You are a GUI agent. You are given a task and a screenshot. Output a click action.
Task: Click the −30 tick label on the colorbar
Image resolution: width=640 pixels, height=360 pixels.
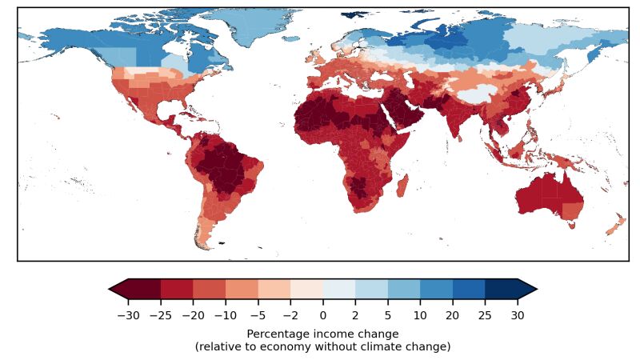128,315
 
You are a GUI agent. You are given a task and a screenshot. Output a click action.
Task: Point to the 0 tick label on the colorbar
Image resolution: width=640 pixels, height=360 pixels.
323,315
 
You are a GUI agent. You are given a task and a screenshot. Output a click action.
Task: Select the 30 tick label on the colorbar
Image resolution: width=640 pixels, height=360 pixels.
518,315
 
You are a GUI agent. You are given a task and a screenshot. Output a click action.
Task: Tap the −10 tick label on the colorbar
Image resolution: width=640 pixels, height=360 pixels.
226,315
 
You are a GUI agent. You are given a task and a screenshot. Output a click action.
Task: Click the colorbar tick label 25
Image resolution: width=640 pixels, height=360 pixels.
485,315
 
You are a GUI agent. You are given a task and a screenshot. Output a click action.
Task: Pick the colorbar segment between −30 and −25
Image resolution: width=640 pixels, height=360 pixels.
145,288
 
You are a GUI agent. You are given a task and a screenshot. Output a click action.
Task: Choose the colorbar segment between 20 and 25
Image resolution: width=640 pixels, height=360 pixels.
469,288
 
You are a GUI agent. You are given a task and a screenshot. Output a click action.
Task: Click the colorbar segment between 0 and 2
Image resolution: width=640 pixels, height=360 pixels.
339,288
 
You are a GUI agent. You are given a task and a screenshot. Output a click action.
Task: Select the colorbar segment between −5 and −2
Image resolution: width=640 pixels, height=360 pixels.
274,288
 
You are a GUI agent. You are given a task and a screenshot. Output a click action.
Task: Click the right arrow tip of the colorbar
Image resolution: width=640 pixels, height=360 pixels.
534,288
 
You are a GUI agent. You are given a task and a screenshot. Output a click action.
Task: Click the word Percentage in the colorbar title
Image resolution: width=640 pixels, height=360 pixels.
277,334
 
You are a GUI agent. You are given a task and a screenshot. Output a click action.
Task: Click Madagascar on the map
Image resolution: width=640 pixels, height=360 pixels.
402,185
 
